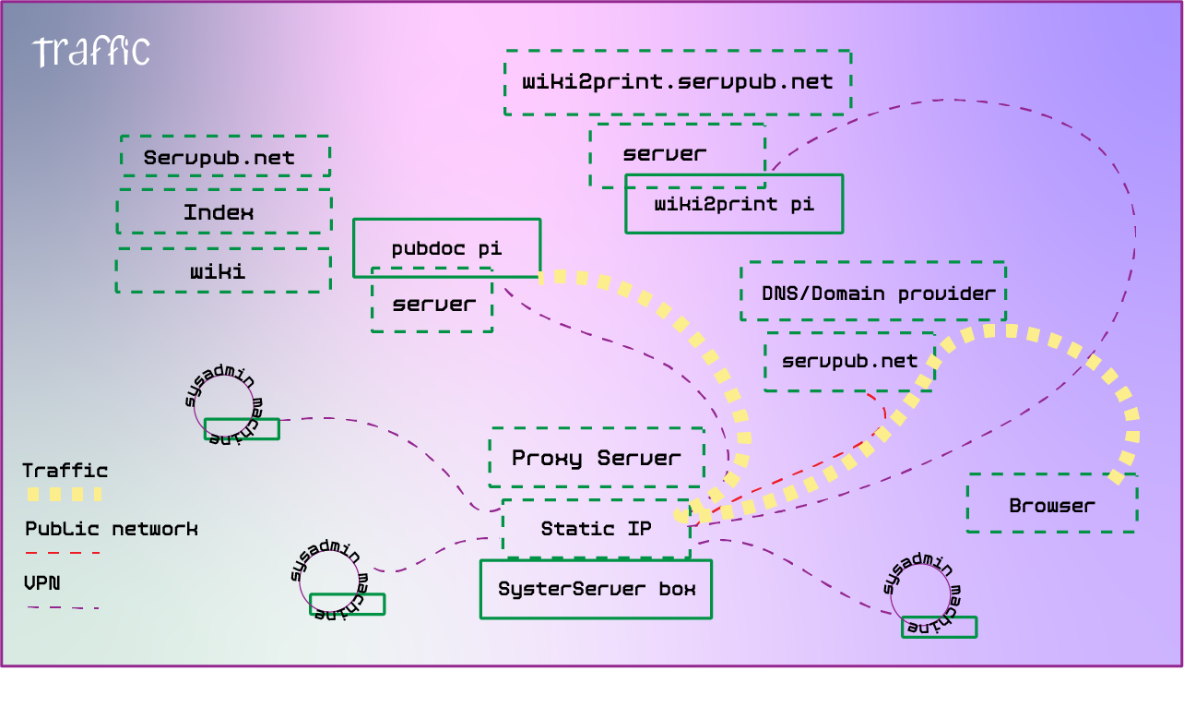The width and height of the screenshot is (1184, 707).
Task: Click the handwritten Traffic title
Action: pos(90,52)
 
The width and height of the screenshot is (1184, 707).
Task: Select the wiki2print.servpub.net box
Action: pos(678,82)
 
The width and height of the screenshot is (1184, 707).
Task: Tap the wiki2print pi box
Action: pos(734,204)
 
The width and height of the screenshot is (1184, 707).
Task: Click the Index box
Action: pos(223,212)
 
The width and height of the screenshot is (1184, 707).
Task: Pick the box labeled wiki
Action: pos(223,270)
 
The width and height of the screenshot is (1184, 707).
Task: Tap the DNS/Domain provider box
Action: pos(872,292)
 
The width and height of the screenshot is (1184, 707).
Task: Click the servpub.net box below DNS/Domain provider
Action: pos(849,361)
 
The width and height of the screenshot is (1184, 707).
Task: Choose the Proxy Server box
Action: pos(597,458)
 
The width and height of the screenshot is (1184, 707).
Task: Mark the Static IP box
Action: pos(596,529)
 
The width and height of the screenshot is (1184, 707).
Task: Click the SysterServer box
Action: pos(596,589)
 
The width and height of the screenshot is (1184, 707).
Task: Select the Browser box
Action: pos(1051,504)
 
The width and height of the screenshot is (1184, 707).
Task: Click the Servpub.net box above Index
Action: pos(225,157)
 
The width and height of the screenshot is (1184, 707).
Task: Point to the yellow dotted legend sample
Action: pos(63,495)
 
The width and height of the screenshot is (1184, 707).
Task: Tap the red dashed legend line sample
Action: pos(63,553)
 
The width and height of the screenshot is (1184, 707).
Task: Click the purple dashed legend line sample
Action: pos(63,607)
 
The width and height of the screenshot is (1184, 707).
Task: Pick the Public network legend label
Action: pos(111,529)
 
